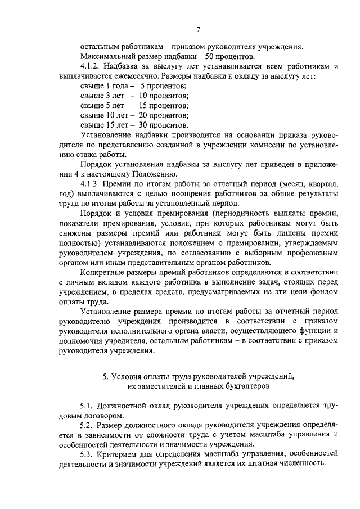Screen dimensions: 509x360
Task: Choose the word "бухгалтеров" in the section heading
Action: (232, 387)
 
